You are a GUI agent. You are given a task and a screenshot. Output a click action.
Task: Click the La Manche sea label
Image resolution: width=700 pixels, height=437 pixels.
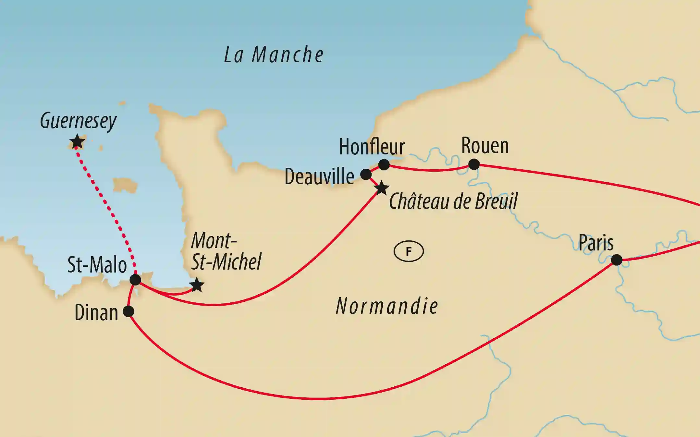click(274, 55)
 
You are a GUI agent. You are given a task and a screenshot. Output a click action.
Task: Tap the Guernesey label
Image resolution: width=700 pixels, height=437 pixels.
click(78, 121)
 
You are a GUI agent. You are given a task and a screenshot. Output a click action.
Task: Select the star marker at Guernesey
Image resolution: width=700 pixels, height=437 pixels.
click(77, 142)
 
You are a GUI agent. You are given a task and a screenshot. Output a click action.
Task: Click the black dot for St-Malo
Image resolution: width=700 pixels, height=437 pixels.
click(135, 280)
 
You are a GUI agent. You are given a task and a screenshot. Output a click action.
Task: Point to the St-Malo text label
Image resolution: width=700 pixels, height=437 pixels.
click(97, 265)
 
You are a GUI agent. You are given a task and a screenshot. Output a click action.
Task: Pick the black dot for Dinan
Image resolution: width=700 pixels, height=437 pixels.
click(129, 311)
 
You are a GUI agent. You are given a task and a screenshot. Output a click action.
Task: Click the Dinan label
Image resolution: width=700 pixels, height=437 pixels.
click(96, 313)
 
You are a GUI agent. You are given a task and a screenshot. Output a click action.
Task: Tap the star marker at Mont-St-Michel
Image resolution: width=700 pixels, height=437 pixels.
click(197, 285)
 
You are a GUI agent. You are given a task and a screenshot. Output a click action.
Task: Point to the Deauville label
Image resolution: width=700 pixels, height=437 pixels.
click(319, 177)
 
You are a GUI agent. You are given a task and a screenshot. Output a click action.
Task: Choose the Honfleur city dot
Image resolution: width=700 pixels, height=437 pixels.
click(384, 164)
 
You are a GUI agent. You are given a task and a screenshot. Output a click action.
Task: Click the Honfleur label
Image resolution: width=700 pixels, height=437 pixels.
click(372, 147)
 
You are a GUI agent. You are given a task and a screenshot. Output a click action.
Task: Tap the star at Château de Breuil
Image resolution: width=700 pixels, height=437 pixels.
click(382, 188)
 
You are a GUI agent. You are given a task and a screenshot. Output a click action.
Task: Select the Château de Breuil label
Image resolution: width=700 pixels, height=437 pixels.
click(453, 201)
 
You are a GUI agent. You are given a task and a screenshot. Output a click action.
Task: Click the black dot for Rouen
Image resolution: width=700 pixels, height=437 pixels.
click(474, 164)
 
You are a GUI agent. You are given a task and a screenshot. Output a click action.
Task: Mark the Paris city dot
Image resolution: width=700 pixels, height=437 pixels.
click(617, 260)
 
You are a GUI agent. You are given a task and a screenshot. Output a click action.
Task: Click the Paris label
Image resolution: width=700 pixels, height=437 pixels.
click(596, 243)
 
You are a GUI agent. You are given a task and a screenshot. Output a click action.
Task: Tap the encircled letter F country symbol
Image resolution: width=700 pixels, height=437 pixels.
click(409, 251)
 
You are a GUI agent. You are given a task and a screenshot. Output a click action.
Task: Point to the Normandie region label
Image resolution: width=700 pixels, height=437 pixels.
click(387, 306)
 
